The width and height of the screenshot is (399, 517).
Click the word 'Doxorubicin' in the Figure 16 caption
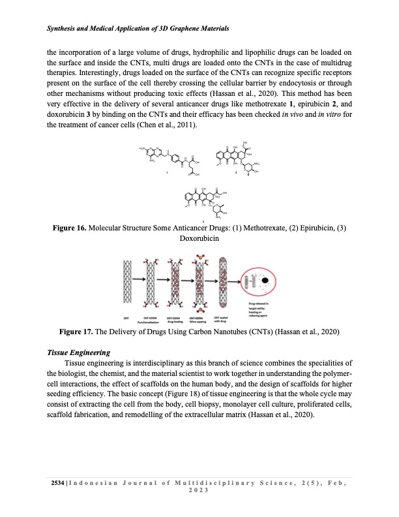tap(199, 239)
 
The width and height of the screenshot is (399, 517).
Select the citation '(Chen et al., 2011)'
tap(168, 125)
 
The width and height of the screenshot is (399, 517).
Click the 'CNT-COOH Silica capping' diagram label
tap(196, 319)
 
